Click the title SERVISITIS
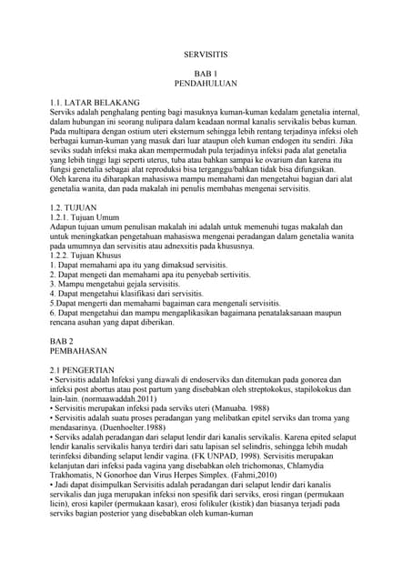tap(205, 55)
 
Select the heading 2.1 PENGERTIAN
tap(82, 369)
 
